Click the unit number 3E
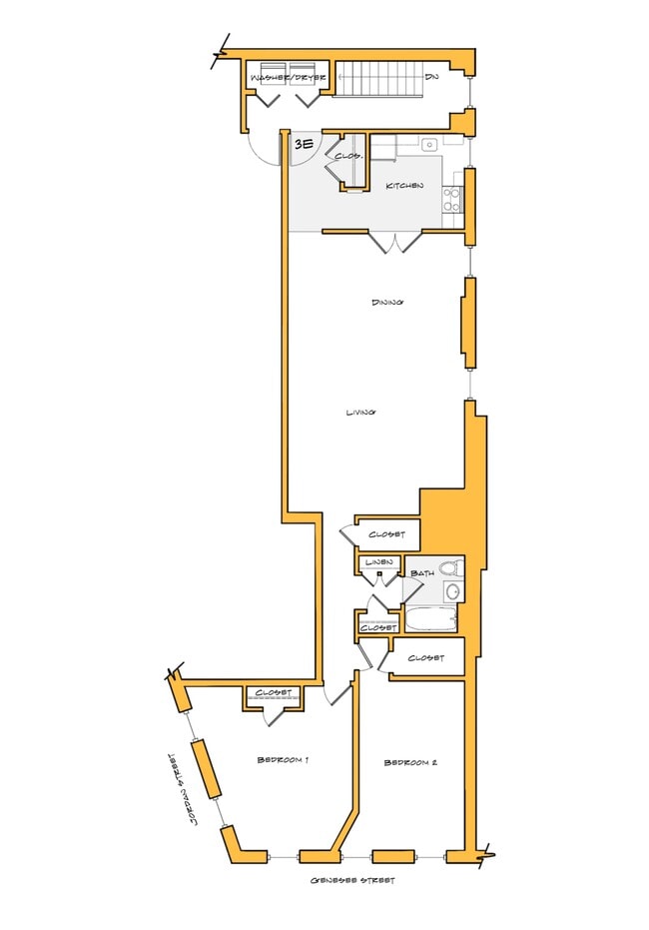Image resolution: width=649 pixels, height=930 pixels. pos(304,145)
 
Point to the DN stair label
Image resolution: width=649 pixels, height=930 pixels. pos(431,76)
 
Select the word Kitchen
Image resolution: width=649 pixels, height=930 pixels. pos(404,186)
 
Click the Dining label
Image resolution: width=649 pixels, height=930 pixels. pos(386,302)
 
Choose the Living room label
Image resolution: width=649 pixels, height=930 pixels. pos(359,412)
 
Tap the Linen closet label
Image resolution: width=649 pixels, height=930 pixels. pos(376,563)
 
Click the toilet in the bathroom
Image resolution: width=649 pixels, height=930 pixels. pos(450,569)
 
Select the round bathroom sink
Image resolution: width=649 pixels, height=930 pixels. pos(452,592)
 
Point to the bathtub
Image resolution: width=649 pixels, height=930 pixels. pos(430,619)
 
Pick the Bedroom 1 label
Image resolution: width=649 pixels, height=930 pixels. pos(283,760)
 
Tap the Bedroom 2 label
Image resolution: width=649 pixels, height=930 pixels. pos(410,763)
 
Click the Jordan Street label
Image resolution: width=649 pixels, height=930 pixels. pos(181,788)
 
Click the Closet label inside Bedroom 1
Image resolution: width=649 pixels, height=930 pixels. pos(272,692)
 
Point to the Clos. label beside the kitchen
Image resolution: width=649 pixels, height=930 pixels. pos(346,157)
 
